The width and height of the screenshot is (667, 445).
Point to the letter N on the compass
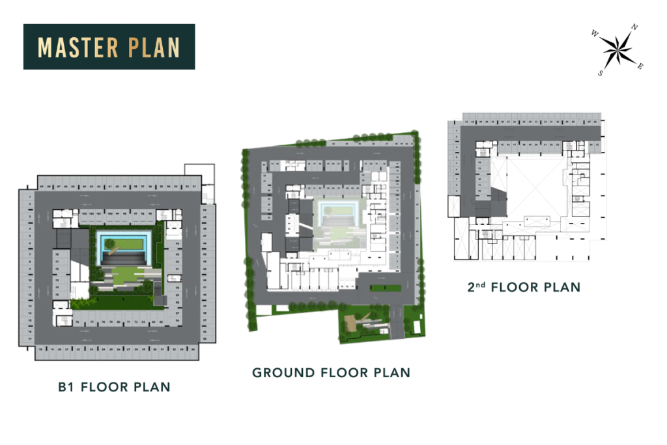[634, 27]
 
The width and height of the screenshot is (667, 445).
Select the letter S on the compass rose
[601, 73]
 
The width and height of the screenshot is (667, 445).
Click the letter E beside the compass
[640, 66]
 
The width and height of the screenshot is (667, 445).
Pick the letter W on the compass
[594, 33]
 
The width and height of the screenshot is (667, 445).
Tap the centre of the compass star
[617, 50]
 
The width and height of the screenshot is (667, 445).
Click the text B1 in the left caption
[66, 387]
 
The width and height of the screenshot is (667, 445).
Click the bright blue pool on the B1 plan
[126, 244]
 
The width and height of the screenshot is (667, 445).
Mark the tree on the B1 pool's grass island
[111, 246]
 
